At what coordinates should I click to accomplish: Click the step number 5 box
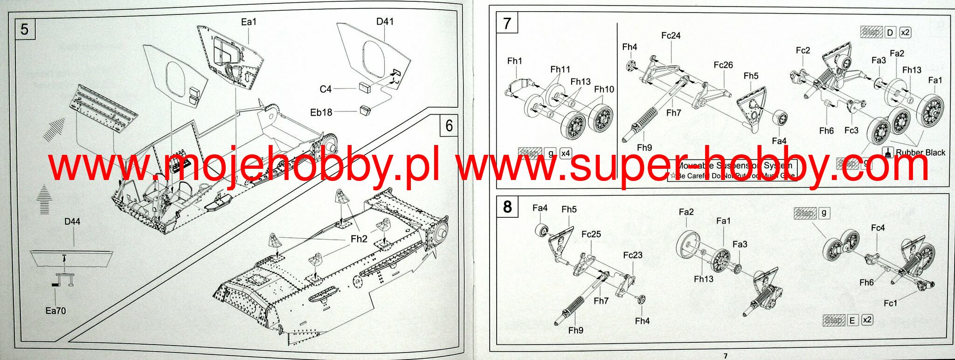25,29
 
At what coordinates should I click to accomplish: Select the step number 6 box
449,125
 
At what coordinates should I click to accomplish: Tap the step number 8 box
507,206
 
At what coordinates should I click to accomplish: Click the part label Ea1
249,22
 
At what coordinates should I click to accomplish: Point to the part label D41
385,21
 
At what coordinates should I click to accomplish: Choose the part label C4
325,89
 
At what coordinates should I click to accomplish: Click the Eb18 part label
321,112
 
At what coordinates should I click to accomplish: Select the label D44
72,222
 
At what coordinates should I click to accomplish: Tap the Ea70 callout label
55,311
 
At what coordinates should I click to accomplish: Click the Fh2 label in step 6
359,239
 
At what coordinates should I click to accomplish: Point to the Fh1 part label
515,61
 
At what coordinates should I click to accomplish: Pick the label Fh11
560,69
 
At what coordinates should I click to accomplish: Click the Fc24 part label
671,35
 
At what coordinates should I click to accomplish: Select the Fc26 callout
723,65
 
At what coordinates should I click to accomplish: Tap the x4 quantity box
565,153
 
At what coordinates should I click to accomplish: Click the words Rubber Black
920,152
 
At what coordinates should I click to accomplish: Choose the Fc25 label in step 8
591,234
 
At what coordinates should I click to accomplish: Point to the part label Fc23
633,255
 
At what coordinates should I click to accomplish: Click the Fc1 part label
890,303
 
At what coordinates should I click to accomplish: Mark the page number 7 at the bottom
725,355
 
